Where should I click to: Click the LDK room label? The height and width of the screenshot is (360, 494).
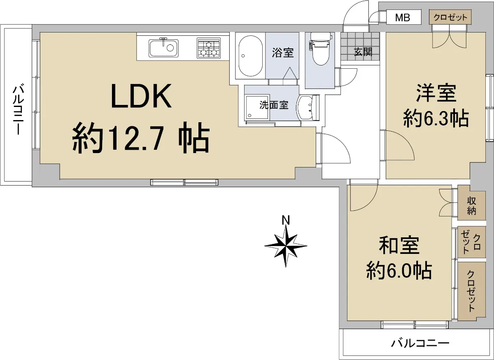141,96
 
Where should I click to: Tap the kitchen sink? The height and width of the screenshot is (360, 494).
163,48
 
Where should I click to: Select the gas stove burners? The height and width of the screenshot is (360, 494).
209,48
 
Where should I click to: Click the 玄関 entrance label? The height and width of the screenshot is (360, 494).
363,52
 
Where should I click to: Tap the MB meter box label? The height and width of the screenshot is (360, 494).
402,18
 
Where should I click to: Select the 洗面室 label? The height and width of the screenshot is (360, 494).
273,105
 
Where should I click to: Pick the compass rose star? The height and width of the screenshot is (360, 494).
286,246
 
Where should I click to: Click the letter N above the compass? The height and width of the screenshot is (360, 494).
285,220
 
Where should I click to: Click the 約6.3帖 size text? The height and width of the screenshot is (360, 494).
436,119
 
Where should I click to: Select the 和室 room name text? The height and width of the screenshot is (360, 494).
398,246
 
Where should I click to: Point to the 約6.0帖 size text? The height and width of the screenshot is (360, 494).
398,271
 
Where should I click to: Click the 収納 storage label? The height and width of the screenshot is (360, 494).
471,206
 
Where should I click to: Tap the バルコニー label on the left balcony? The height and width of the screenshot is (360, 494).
18,109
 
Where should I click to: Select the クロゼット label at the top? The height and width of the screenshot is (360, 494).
450,17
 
